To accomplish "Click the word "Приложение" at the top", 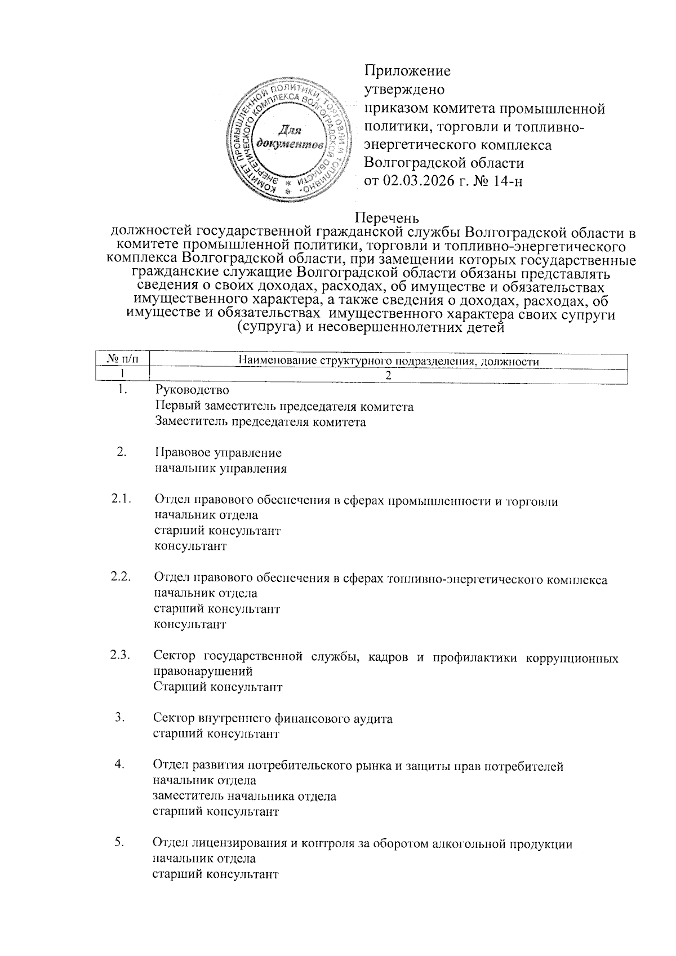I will point(408,71).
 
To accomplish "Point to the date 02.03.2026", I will point(417,181).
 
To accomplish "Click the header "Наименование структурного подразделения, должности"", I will point(389,361).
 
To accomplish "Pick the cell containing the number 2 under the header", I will point(388,375).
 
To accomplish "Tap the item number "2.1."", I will point(121,498).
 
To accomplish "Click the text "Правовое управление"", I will point(217,452).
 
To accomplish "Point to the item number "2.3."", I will point(121,655).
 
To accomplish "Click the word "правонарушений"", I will point(203,671).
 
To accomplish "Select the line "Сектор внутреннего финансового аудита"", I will point(273,718).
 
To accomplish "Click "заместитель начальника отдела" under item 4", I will point(244,796).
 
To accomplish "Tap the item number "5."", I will point(119,843).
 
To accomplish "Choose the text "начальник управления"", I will point(220,468).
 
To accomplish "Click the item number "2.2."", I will point(121,576).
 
